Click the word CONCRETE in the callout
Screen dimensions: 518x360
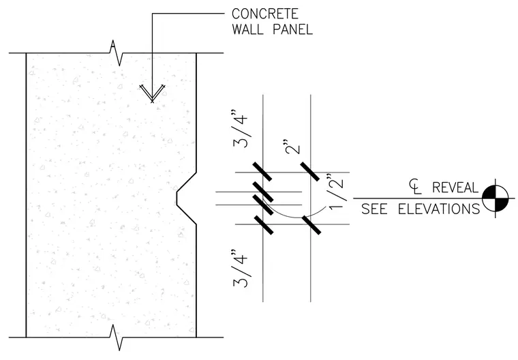(265, 14)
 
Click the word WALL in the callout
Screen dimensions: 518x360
(248, 29)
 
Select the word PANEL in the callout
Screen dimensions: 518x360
(292, 29)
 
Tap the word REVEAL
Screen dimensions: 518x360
(455, 187)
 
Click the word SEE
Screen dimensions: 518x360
(374, 209)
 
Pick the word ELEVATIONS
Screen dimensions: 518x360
(439, 209)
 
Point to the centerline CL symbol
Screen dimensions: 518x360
(415, 186)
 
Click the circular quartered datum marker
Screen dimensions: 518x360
(495, 198)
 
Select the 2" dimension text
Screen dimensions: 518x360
(292, 147)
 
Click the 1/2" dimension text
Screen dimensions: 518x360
(337, 192)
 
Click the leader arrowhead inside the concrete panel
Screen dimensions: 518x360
(152, 93)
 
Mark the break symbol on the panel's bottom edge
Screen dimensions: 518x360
(117, 337)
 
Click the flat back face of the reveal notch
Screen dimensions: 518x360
(177, 198)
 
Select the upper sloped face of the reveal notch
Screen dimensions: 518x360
(187, 181)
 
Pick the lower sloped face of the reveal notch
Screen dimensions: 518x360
(187, 215)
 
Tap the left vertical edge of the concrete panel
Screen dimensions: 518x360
(26, 195)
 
